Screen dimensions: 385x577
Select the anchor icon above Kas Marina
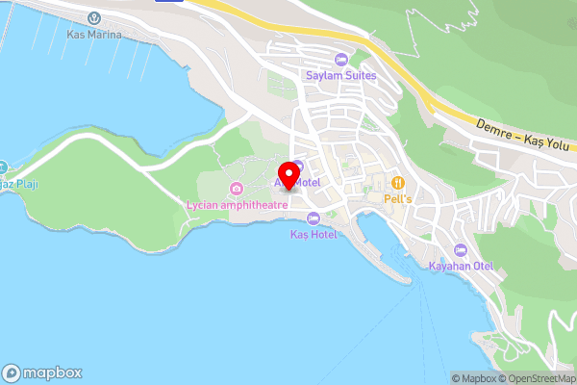(94, 17)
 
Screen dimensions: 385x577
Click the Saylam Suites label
(340, 75)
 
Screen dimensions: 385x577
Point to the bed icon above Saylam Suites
(340, 60)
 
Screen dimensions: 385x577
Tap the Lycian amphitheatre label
(237, 203)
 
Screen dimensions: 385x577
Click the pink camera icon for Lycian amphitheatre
(237, 188)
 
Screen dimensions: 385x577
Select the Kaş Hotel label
(314, 235)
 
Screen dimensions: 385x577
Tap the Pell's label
(398, 197)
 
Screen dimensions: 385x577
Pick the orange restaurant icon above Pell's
(398, 182)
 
